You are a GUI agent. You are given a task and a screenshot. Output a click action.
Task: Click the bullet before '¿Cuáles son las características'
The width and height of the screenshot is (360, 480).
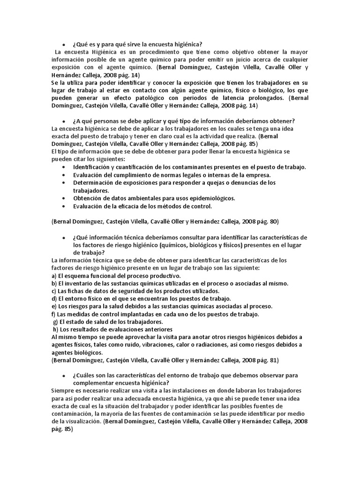(63, 376)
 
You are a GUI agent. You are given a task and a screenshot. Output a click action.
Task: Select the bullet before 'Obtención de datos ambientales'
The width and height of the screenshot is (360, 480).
(63, 198)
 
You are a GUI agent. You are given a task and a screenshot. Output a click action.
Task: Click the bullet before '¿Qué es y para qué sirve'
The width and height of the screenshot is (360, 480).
(63, 44)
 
